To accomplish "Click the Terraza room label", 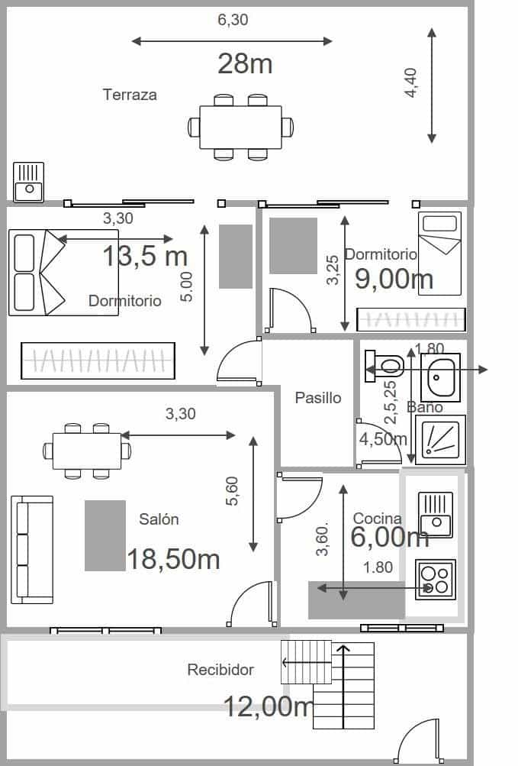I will [x=130, y=95].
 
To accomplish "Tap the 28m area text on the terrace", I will [x=245, y=64].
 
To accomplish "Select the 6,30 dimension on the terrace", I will [x=233, y=21].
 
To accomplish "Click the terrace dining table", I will [x=240, y=127].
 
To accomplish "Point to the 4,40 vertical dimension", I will [x=411, y=82].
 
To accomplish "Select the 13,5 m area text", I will [x=145, y=257].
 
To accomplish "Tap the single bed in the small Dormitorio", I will [x=439, y=253].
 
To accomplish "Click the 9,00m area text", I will [x=394, y=279].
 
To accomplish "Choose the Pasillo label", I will [x=318, y=398].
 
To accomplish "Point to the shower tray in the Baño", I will [x=440, y=440].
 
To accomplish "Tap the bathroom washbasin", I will [x=440, y=377].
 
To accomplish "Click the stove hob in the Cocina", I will [x=436, y=580].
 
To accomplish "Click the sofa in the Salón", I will [x=32, y=549].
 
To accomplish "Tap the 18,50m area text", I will [x=173, y=559].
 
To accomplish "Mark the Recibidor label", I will [x=220, y=670].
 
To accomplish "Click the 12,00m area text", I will [x=268, y=706].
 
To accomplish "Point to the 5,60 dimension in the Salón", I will [x=233, y=491].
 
